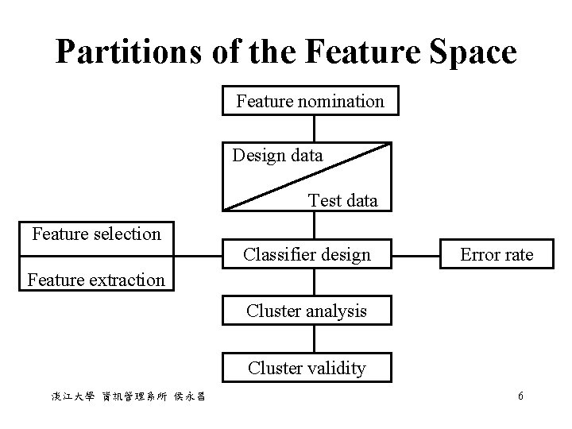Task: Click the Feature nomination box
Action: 310,102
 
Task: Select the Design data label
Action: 277,156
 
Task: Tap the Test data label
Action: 343,200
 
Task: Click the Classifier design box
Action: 307,255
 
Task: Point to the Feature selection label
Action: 96,234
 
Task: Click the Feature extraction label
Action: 96,280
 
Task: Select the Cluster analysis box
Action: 307,311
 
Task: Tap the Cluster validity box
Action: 307,368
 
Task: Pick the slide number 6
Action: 520,396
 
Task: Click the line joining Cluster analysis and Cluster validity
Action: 315,339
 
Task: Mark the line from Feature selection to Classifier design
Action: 199,256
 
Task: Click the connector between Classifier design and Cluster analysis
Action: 315,283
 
